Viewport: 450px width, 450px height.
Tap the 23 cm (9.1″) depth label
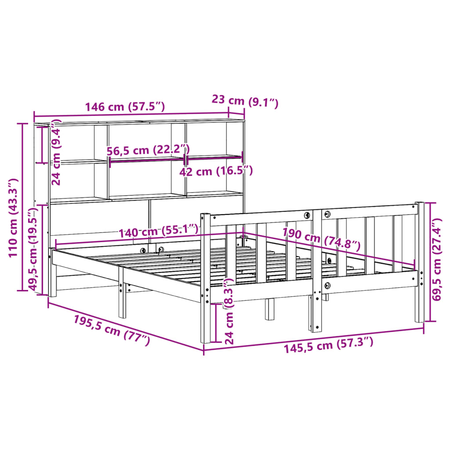245,101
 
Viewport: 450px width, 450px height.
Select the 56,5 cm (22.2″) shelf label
148,150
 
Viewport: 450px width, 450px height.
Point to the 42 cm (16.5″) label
216,171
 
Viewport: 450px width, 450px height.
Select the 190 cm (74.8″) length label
321,238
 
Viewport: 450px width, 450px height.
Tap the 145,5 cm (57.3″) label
328,345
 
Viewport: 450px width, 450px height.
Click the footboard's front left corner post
205,277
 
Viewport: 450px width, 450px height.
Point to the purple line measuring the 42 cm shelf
214,156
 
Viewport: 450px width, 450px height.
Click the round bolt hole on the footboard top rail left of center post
307,215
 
